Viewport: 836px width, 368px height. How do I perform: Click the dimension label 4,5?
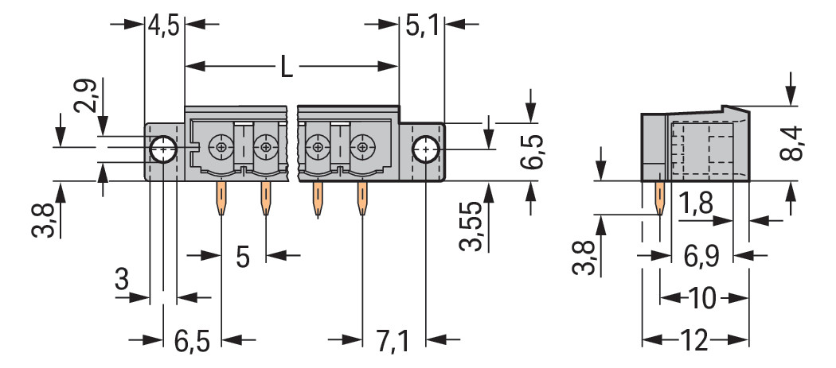point(164,25)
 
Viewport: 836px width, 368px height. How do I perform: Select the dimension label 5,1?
point(422,25)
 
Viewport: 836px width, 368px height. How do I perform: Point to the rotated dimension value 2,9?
point(86,95)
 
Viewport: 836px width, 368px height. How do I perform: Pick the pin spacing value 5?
point(243,257)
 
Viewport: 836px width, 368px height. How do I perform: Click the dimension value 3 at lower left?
point(121,279)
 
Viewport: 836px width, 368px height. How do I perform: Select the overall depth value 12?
point(694,342)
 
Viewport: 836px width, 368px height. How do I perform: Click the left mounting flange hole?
point(163,148)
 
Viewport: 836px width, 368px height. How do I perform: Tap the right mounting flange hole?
point(427,148)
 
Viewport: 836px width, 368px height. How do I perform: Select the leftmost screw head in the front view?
point(220,147)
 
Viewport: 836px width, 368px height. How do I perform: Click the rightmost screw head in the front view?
point(362,147)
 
